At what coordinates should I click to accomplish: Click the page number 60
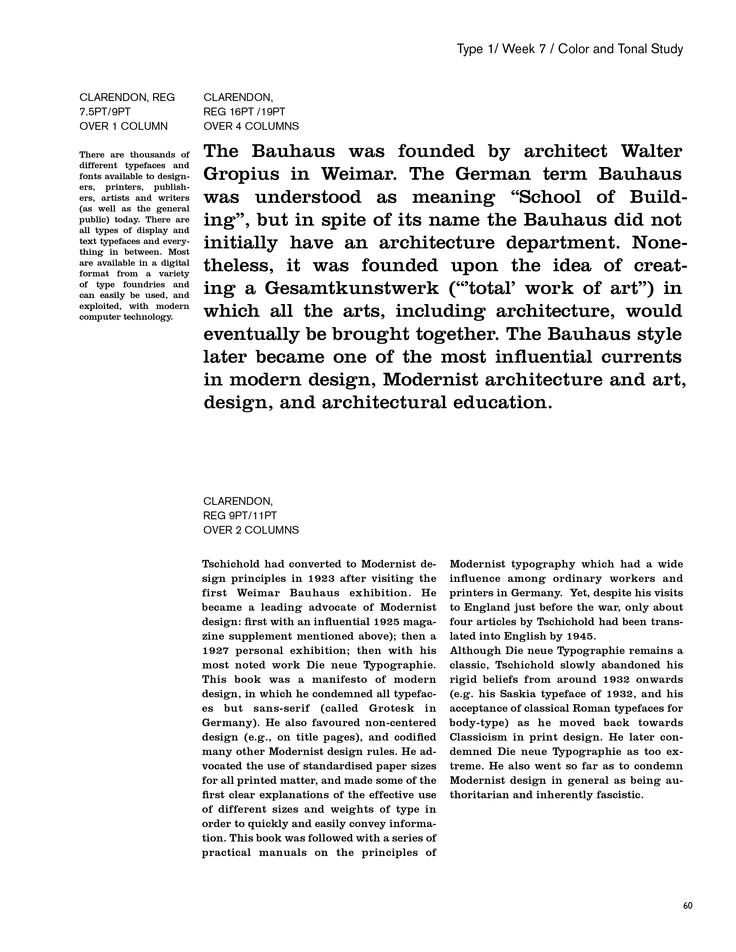point(688,905)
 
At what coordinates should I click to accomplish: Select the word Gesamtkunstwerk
point(352,288)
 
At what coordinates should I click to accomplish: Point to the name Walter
point(651,151)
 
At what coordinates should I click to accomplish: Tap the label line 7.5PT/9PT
point(105,112)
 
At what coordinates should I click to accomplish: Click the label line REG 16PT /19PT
point(244,112)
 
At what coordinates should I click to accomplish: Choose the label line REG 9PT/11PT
point(240,516)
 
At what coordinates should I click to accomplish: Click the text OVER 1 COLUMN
point(124,126)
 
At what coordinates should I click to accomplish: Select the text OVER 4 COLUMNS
point(251,126)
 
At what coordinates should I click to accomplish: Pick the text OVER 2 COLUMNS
point(251,530)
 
